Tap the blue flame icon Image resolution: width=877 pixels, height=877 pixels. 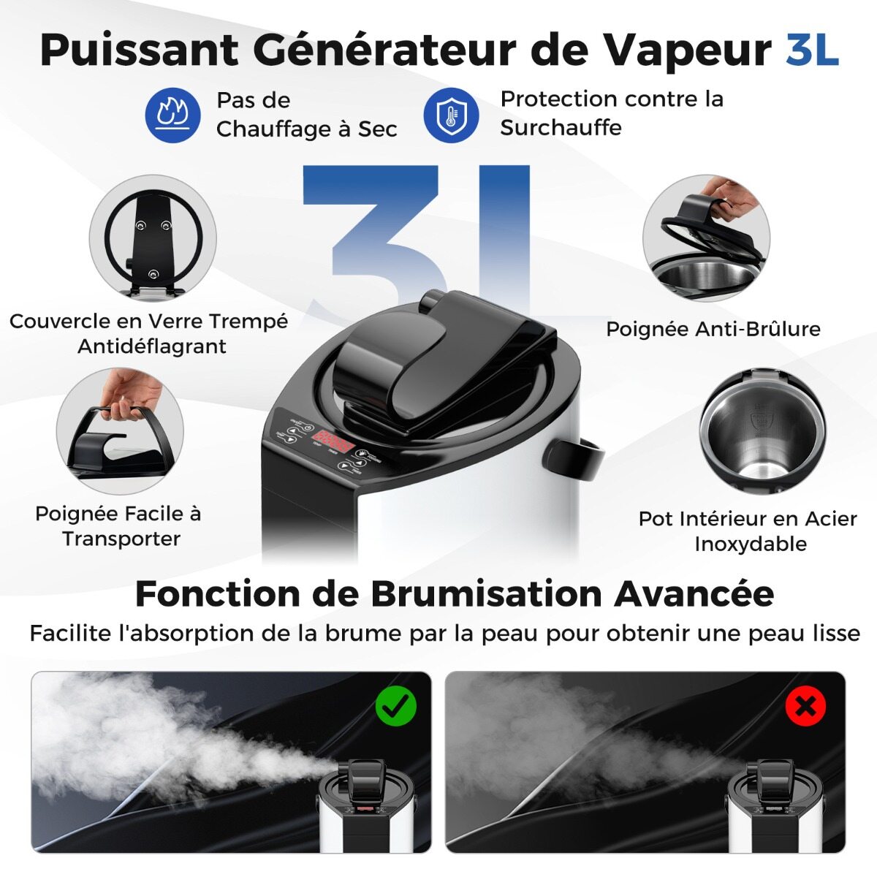(173, 115)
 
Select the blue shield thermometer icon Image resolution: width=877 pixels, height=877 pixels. (451, 115)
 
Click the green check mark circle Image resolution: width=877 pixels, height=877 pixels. (396, 706)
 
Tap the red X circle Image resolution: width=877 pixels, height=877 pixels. (805, 706)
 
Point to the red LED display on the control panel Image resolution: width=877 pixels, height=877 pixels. (333, 440)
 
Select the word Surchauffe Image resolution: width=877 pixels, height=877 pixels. (561, 127)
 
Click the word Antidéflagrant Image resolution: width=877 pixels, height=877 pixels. (151, 347)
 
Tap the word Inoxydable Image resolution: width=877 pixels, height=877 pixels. (751, 544)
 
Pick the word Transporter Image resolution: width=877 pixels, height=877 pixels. (121, 539)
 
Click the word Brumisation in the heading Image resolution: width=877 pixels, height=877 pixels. (487, 594)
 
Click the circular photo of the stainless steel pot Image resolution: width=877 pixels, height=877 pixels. (763, 431)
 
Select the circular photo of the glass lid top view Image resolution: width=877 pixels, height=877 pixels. (153, 238)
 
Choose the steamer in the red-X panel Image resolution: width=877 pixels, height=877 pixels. (776, 800)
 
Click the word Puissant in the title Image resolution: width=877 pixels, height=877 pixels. (139, 51)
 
